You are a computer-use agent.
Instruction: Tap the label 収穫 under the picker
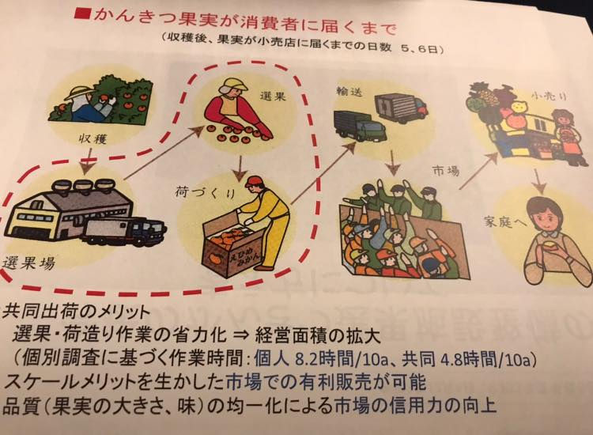[93, 139]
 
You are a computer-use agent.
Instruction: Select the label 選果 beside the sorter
[272, 96]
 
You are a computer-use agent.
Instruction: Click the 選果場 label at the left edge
[28, 263]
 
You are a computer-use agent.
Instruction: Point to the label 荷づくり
[205, 193]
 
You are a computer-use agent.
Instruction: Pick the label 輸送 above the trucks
[349, 91]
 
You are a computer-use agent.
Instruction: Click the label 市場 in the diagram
[446, 171]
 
